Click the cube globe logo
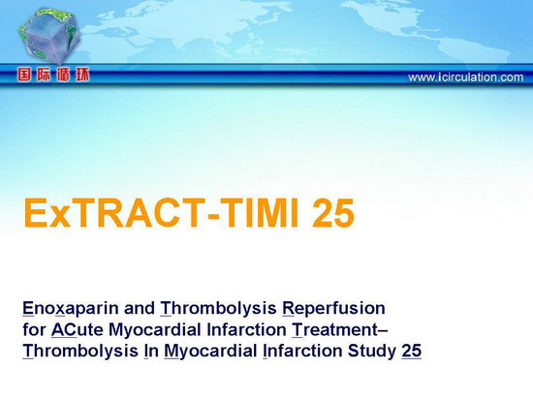[48, 35]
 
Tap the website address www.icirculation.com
[466, 77]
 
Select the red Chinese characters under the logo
[53, 75]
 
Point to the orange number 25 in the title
[333, 213]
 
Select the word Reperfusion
[333, 309]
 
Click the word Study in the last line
[371, 352]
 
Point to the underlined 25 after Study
[412, 351]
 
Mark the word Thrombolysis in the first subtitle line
[218, 309]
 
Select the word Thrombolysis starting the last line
[80, 352]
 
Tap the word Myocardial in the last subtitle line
[210, 352]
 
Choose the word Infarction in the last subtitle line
[302, 351]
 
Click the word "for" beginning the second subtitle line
[34, 329]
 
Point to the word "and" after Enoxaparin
[140, 309]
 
